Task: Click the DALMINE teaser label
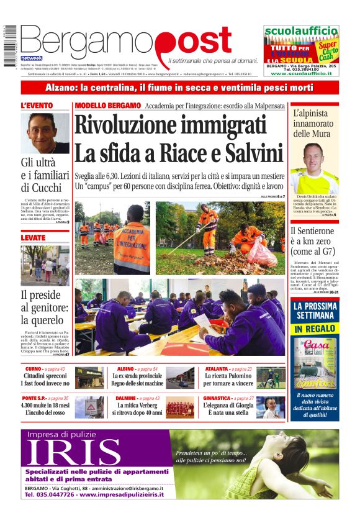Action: [126, 398]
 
